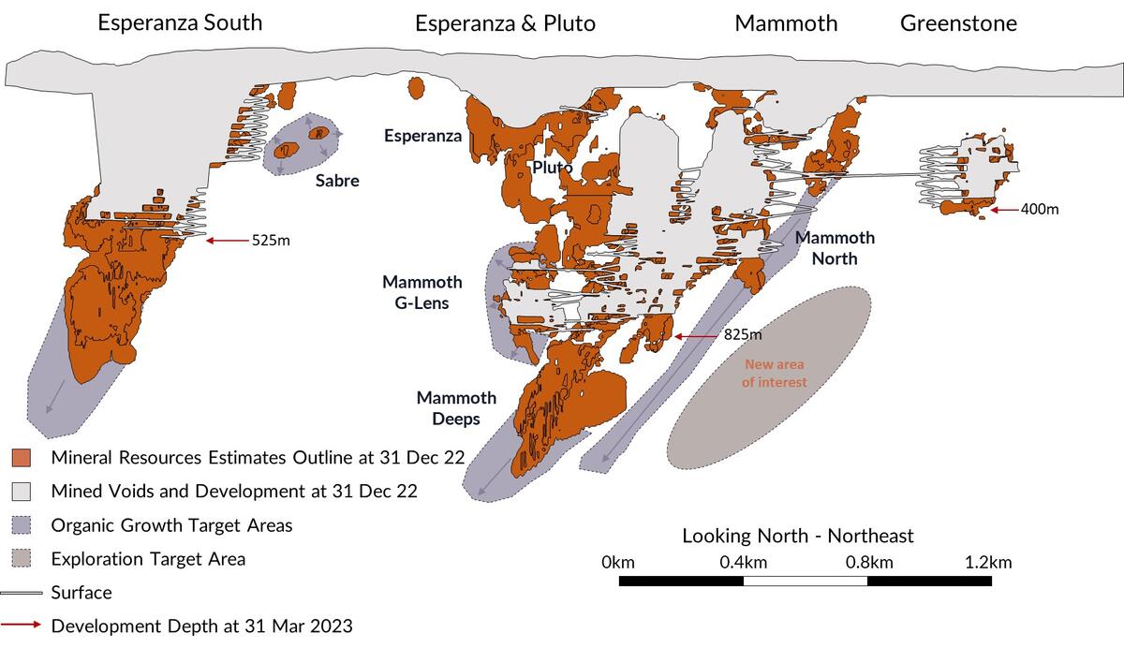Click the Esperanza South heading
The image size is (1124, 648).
[x=181, y=22]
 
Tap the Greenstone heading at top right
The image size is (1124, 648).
[x=958, y=22]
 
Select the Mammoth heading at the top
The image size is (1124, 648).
[x=786, y=22]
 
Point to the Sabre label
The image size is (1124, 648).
[x=336, y=181]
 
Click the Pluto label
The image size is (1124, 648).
[x=553, y=168]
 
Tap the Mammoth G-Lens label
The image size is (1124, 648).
[x=421, y=292]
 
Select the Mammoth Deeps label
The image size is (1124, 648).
[x=456, y=408]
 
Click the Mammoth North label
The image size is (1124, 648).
[x=835, y=248]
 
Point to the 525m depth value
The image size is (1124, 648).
[x=271, y=241]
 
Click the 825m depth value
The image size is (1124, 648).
[x=742, y=334]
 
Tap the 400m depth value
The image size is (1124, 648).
[x=1040, y=209]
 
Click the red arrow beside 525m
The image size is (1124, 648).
[x=226, y=241]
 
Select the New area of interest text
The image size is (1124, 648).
[x=774, y=373]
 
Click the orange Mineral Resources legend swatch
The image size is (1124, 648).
[x=22, y=458]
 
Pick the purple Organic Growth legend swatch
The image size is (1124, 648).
[x=22, y=525]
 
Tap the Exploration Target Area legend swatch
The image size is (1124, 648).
[x=22, y=559]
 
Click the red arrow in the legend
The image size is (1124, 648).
[x=22, y=626]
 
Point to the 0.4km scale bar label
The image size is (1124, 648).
[x=744, y=563]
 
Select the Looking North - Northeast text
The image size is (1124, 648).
[x=797, y=536]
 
